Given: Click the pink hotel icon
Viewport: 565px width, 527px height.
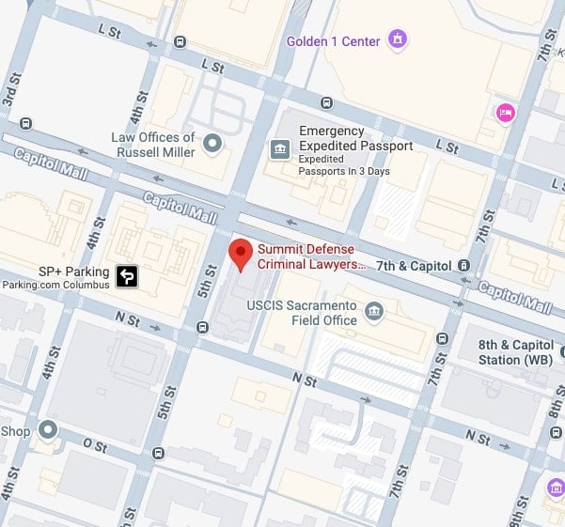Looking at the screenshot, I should [506, 114].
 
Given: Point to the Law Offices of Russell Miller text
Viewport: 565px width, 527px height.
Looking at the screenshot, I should [152, 145].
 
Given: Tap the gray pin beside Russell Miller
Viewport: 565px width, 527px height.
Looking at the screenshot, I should [213, 143].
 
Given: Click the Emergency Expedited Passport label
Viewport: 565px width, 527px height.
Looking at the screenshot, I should [355, 139].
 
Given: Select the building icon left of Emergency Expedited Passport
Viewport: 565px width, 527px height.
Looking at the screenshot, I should [279, 148].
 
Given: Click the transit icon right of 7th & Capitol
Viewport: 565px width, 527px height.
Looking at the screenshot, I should [464, 266].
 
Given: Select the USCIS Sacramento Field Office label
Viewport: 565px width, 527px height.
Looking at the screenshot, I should [313, 314].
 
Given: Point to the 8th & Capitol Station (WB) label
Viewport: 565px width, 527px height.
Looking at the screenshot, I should [512, 352].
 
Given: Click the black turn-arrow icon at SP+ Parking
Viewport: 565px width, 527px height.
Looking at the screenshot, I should [127, 276].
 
